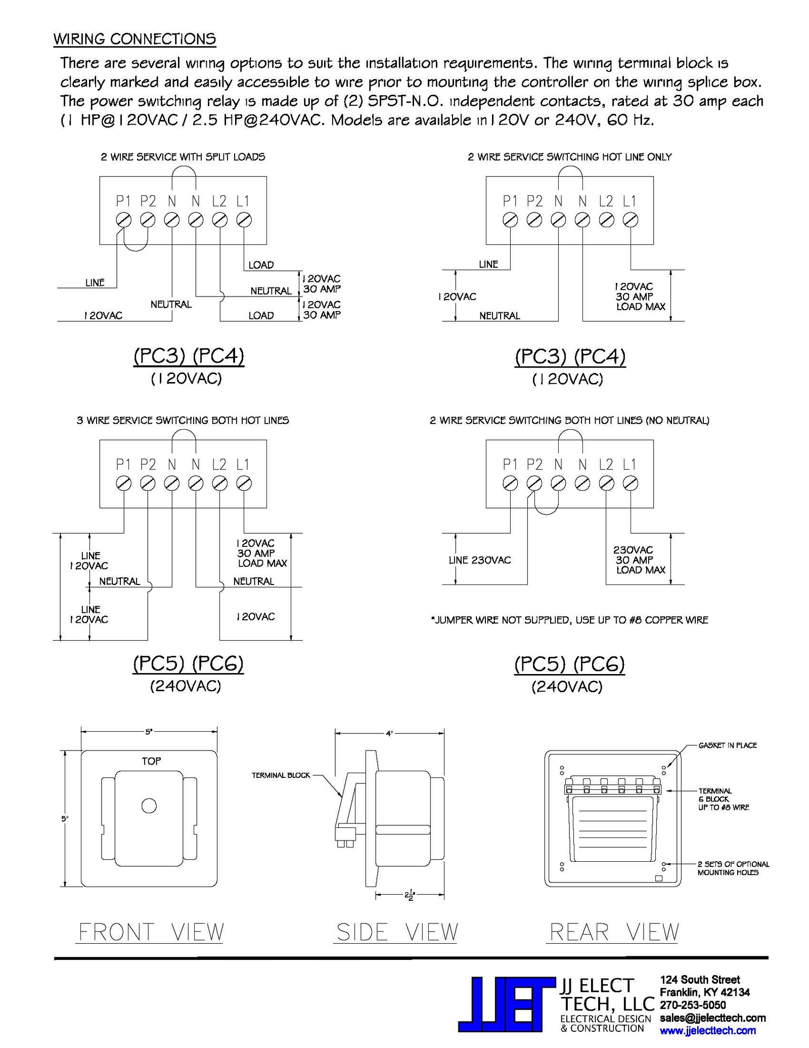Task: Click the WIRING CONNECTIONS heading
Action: (134, 39)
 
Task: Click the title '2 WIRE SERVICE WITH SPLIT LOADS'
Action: (183, 157)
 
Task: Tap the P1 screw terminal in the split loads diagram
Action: (123, 220)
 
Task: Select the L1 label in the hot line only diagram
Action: (629, 201)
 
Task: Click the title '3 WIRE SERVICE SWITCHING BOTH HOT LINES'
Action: (183, 420)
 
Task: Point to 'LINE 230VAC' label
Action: (479, 560)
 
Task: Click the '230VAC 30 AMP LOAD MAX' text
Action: (639, 560)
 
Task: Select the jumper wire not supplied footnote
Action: (569, 620)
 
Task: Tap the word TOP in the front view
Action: (151, 761)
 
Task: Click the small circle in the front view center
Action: (149, 806)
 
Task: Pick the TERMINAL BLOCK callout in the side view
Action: (281, 775)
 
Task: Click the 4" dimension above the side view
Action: (389, 733)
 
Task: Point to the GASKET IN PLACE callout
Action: (727, 745)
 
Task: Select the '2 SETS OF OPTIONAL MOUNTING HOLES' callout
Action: (733, 868)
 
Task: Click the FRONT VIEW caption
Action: (151, 932)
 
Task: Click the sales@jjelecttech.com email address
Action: (712, 1018)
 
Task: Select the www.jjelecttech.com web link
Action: (707, 1031)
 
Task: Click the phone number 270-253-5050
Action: (693, 1005)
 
